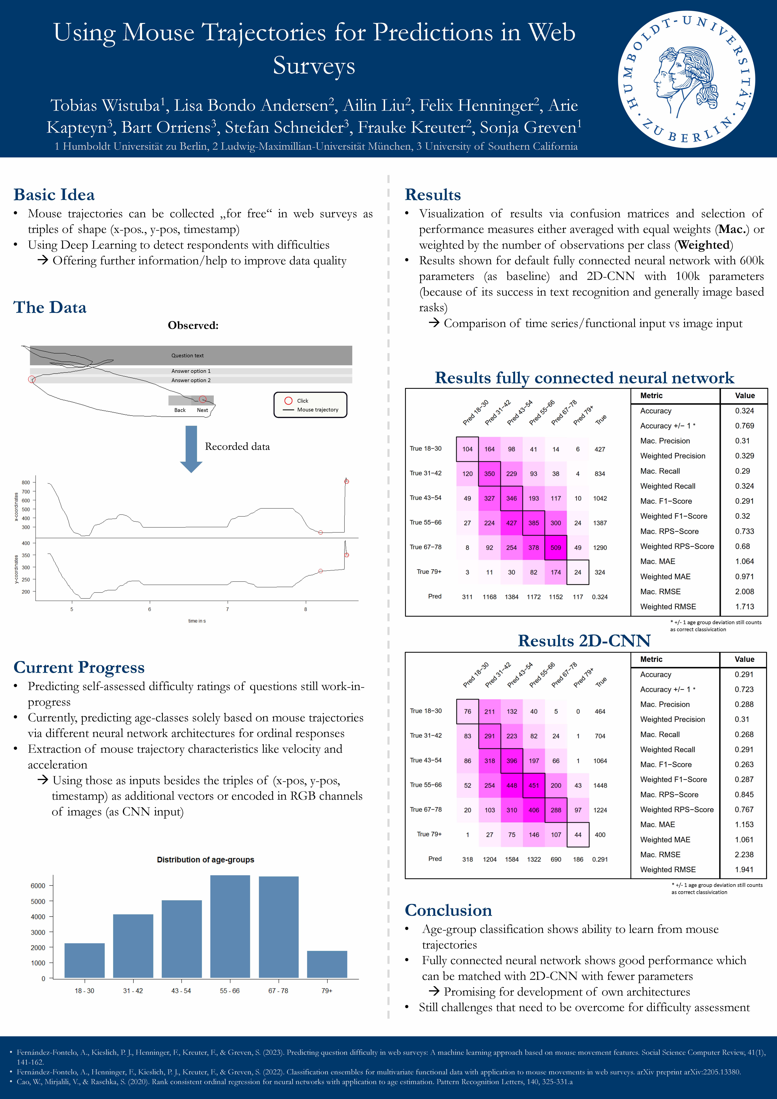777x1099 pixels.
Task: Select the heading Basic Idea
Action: click(54, 194)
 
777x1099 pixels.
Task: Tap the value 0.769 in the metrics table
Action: click(744, 426)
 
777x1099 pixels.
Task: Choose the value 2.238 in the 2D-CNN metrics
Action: click(744, 854)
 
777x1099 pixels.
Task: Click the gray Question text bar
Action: click(191, 355)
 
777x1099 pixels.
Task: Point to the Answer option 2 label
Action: click(191, 380)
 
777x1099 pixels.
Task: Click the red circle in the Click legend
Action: click(289, 401)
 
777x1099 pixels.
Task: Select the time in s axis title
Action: click(197, 621)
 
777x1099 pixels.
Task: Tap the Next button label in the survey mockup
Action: click(202, 410)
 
